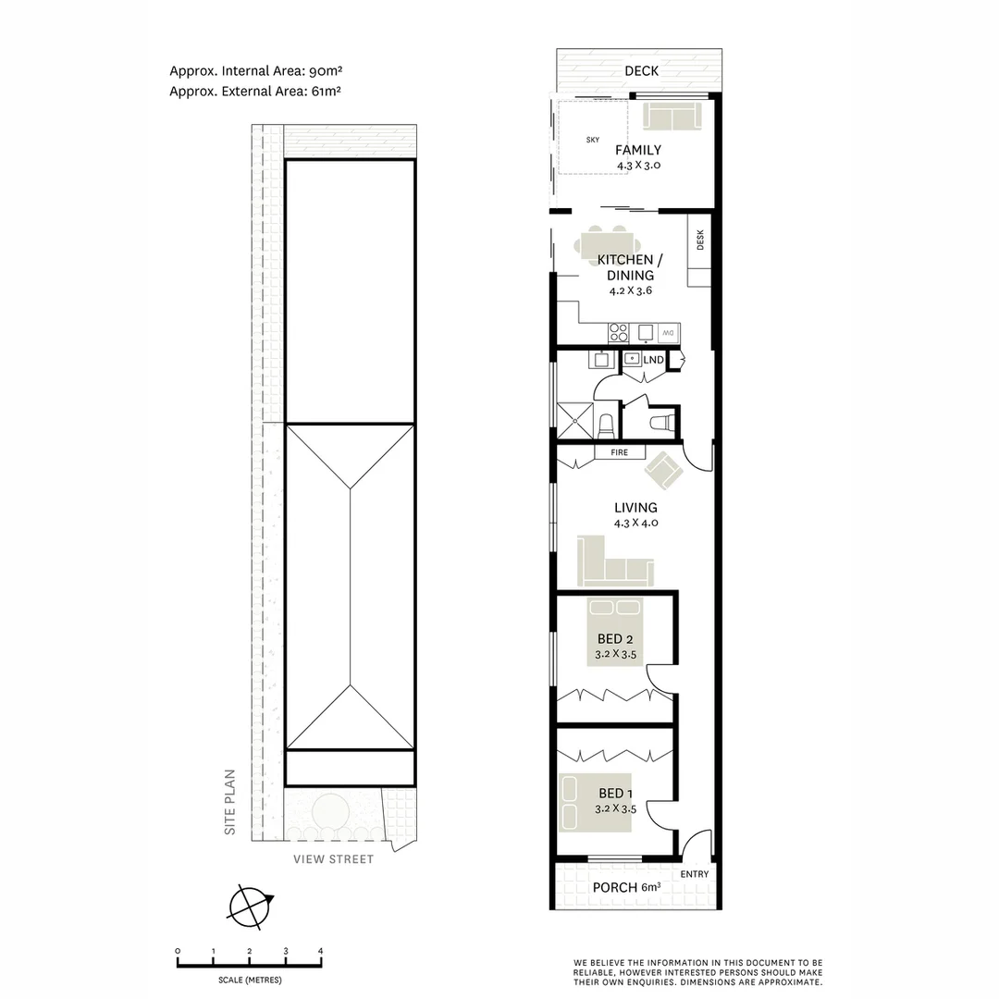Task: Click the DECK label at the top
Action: tap(640, 70)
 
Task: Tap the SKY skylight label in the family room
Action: tap(593, 140)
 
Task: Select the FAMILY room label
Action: tap(639, 150)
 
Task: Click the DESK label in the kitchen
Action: tap(700, 240)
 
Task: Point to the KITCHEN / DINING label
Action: tap(631, 267)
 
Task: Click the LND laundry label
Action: tap(653, 359)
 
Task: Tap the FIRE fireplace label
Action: tap(619, 452)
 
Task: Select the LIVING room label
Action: tap(636, 508)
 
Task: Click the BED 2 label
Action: tap(616, 639)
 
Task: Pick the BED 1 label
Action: tap(617, 794)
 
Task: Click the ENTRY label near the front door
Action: tap(694, 874)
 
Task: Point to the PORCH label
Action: tap(615, 888)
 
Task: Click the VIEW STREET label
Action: tap(334, 859)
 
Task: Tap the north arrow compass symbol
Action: tap(251, 906)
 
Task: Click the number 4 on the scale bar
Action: tap(321, 951)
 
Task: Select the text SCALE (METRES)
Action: tap(250, 980)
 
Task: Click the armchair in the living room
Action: tap(664, 471)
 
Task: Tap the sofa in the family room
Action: tap(671, 117)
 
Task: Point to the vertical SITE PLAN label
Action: tap(231, 803)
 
